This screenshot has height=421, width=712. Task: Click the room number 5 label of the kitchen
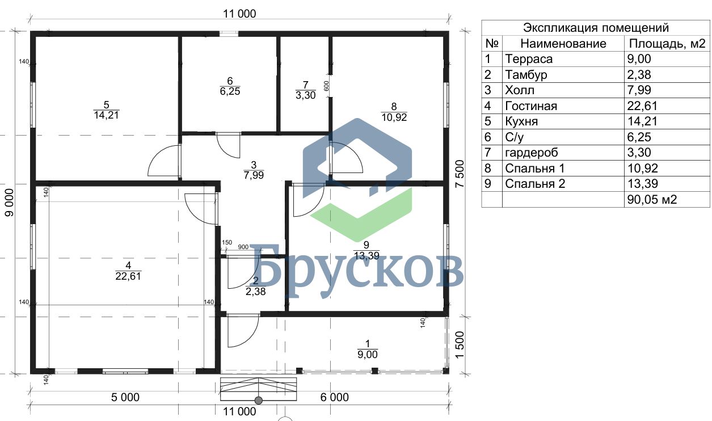pyautogui.click(x=106, y=104)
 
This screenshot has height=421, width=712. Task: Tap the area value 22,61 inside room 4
pyautogui.click(x=128, y=276)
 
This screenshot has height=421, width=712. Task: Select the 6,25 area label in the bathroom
pyautogui.click(x=230, y=91)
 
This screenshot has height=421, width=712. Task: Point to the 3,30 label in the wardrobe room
pyautogui.click(x=305, y=95)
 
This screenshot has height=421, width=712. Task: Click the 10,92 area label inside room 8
pyautogui.click(x=394, y=117)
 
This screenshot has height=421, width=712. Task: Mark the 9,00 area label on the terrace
pyautogui.click(x=368, y=355)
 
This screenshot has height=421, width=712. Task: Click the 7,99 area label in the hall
pyautogui.click(x=254, y=175)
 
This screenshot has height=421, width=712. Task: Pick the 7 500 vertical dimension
pyautogui.click(x=460, y=174)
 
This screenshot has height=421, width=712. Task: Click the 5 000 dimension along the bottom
pyautogui.click(x=125, y=397)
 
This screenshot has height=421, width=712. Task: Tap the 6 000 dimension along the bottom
pyautogui.click(x=334, y=397)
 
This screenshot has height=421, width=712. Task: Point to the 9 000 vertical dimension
pyautogui.click(x=9, y=203)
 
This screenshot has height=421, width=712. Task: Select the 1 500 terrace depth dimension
pyautogui.click(x=460, y=345)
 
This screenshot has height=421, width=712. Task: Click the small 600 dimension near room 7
pyautogui.click(x=326, y=86)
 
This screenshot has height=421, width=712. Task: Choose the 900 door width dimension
pyautogui.click(x=243, y=247)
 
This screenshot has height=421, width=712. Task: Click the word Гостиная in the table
pyautogui.click(x=531, y=106)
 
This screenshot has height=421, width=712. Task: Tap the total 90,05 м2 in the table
pyautogui.click(x=652, y=199)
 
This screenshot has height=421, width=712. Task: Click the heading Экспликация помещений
pyautogui.click(x=596, y=28)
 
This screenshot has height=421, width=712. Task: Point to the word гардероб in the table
pyautogui.click(x=532, y=153)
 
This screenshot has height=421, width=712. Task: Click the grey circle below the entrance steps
pyautogui.click(x=259, y=401)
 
